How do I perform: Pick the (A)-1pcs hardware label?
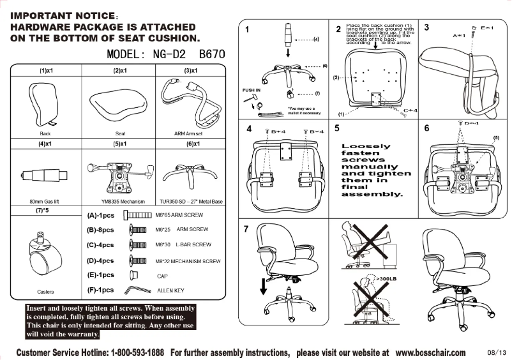(100, 216)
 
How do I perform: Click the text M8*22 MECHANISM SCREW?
(188, 261)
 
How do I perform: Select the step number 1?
(247, 29)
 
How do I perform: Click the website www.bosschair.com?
(430, 352)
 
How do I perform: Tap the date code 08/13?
(495, 353)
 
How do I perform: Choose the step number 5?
(336, 128)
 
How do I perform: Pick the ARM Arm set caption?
(189, 134)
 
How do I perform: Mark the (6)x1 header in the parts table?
(190, 144)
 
